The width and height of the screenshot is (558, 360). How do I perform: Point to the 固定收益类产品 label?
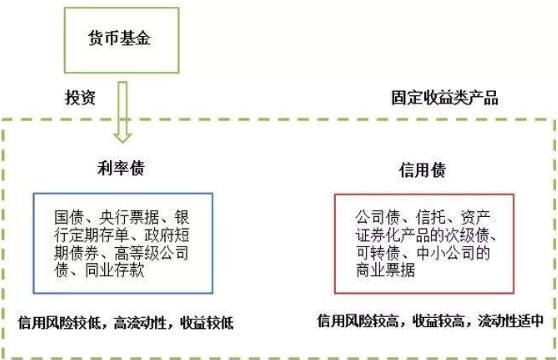tap(444, 99)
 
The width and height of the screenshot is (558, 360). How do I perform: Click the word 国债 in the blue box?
tap(68, 218)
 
